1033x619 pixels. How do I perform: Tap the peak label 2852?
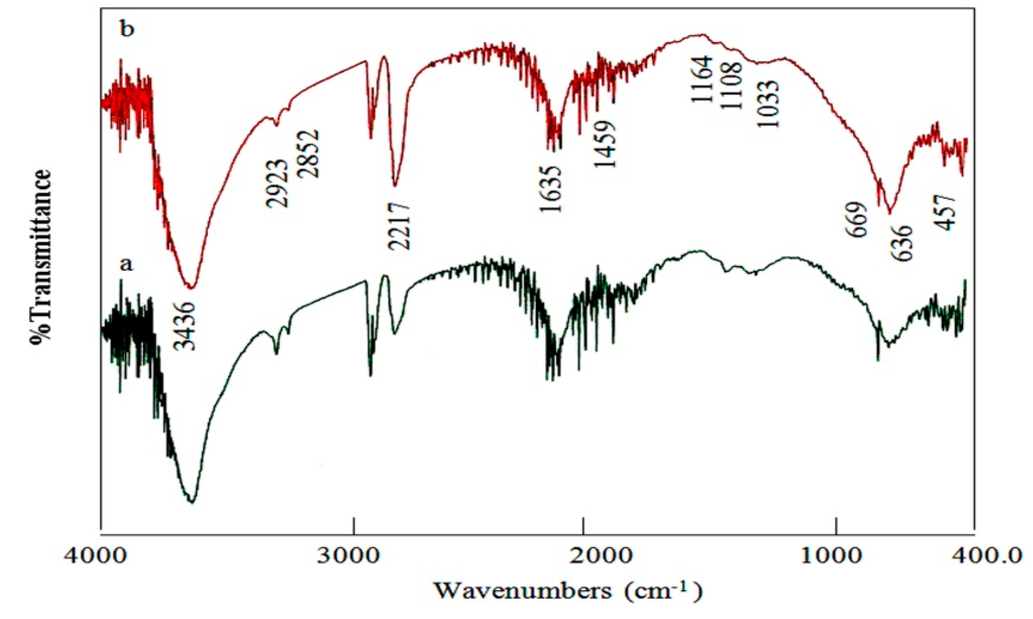[308, 154]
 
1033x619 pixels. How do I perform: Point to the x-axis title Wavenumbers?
[522, 591]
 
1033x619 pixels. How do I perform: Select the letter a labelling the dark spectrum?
[126, 265]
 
